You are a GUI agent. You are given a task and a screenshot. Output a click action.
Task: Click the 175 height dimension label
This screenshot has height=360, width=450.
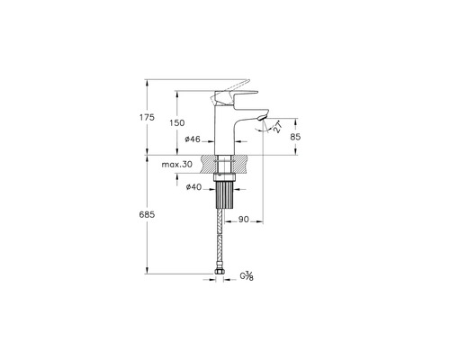click(x=147, y=117)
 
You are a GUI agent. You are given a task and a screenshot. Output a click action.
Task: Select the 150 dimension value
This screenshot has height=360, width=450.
click(x=177, y=122)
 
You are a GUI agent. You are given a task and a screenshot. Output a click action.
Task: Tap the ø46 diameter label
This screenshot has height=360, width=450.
click(x=193, y=139)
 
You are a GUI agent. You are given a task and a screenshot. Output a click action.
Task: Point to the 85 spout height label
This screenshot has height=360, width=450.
click(x=295, y=137)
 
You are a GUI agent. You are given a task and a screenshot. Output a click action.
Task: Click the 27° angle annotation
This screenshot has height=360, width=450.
click(x=277, y=127)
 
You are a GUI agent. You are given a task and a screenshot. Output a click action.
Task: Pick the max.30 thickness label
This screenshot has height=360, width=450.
click(x=177, y=165)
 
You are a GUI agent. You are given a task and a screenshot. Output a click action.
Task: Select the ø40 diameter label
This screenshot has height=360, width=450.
click(x=193, y=187)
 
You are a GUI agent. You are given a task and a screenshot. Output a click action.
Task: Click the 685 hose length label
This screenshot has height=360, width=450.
click(x=147, y=214)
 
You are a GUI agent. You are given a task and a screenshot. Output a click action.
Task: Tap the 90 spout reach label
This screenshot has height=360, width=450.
click(x=244, y=220)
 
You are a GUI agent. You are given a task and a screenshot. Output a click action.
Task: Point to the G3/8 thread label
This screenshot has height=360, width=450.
click(x=247, y=275)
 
